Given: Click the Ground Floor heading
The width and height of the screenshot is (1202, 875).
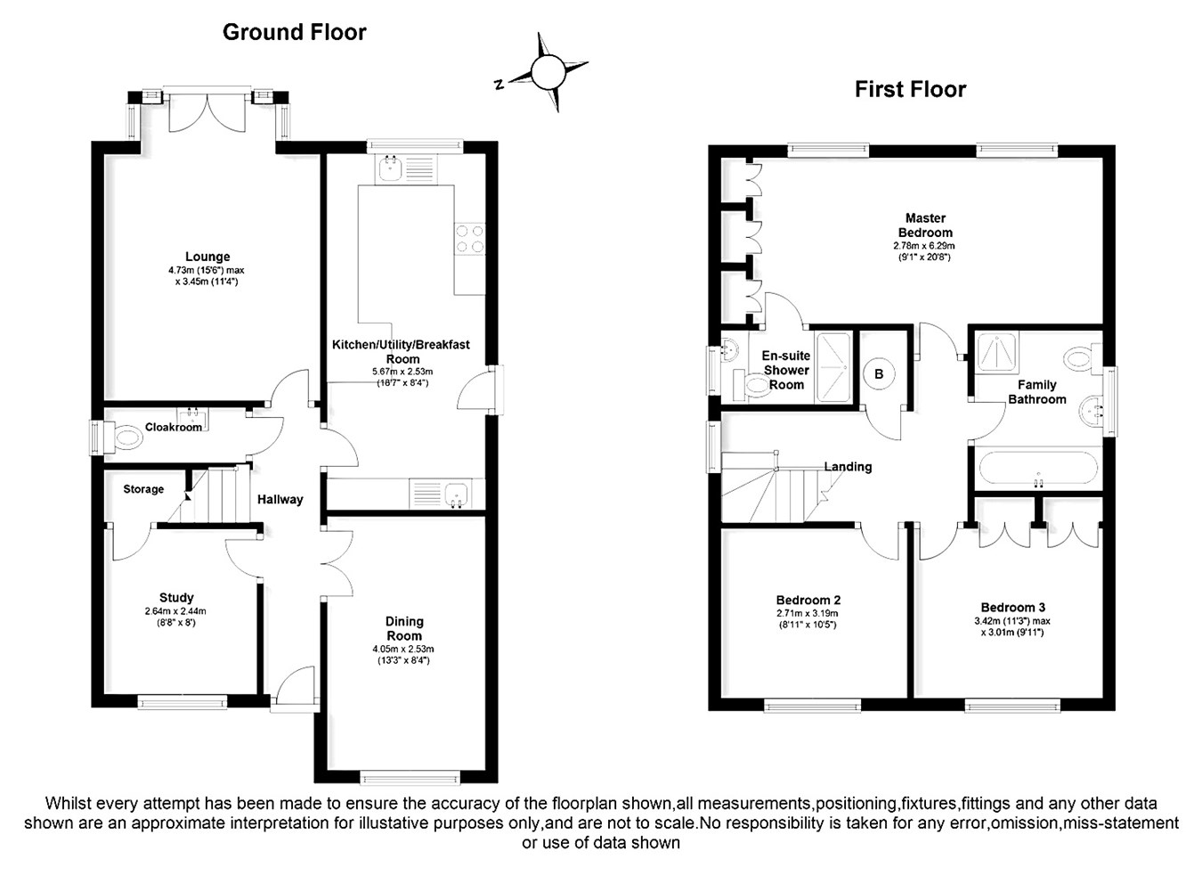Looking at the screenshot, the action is pyautogui.click(x=294, y=32).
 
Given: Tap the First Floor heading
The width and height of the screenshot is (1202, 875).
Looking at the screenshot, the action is pyautogui.click(x=910, y=89).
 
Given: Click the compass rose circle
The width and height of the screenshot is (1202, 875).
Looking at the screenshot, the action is pyautogui.click(x=548, y=72).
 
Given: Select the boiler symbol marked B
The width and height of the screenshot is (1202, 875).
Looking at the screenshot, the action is pyautogui.click(x=879, y=374).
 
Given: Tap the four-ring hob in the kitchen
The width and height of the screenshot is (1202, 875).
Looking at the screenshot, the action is pyautogui.click(x=470, y=239).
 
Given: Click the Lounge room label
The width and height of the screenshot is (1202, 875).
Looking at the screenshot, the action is pyautogui.click(x=207, y=257).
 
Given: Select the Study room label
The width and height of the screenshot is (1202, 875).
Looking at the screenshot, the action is pyautogui.click(x=176, y=598).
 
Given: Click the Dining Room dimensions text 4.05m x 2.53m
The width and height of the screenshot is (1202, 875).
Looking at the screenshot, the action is pyautogui.click(x=403, y=649).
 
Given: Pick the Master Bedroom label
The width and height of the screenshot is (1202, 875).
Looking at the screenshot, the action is pyautogui.click(x=925, y=225).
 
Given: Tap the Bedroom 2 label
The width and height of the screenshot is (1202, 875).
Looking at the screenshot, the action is pyautogui.click(x=808, y=600).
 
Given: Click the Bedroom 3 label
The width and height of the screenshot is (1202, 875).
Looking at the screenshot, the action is pyautogui.click(x=1012, y=608).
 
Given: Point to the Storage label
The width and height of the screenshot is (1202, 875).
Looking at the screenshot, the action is pyautogui.click(x=143, y=489).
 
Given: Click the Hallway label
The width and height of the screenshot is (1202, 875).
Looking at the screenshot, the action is pyautogui.click(x=280, y=500).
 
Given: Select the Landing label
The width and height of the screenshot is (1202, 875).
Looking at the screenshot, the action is pyautogui.click(x=848, y=467).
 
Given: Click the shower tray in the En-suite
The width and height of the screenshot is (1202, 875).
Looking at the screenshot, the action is pyautogui.click(x=832, y=367).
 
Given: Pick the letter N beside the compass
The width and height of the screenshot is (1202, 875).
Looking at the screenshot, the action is pyautogui.click(x=499, y=85).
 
